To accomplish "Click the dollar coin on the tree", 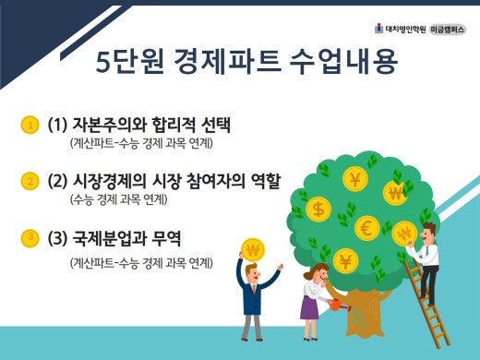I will click(x=320, y=209).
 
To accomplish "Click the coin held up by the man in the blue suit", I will click(x=252, y=248).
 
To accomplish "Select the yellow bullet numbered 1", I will click(x=30, y=125).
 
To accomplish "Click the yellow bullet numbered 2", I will click(x=30, y=180).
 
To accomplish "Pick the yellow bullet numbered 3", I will click(x=30, y=239).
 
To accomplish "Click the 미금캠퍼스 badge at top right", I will click(x=447, y=27).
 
